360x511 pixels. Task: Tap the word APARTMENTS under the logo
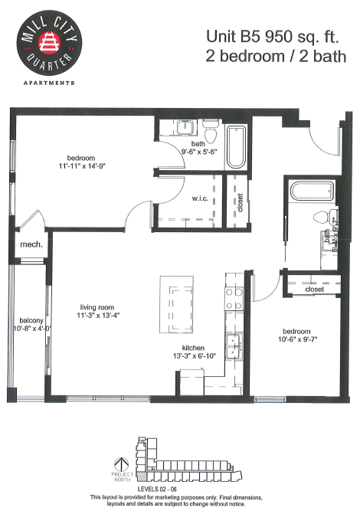(x=48, y=82)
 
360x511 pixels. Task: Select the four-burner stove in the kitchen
(x=234, y=300)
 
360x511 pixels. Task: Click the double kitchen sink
(x=234, y=342)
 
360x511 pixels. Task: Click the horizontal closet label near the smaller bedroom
(x=314, y=290)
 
